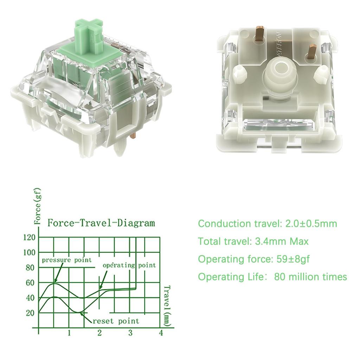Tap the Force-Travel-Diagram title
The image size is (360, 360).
(x=101, y=223)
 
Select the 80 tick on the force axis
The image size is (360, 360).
(x=31, y=268)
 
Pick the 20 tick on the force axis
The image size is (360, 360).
(x=31, y=313)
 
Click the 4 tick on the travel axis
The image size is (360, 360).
(x=161, y=333)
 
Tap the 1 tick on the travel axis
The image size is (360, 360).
(x=69, y=333)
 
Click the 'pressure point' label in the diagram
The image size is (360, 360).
(x=67, y=260)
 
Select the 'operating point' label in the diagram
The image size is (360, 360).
(x=129, y=265)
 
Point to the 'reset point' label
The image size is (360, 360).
(x=116, y=321)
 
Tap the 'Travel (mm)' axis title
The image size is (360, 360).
(x=167, y=305)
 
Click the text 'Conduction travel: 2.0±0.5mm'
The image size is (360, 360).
(x=267, y=224)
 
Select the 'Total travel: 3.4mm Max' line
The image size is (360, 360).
(x=253, y=242)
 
